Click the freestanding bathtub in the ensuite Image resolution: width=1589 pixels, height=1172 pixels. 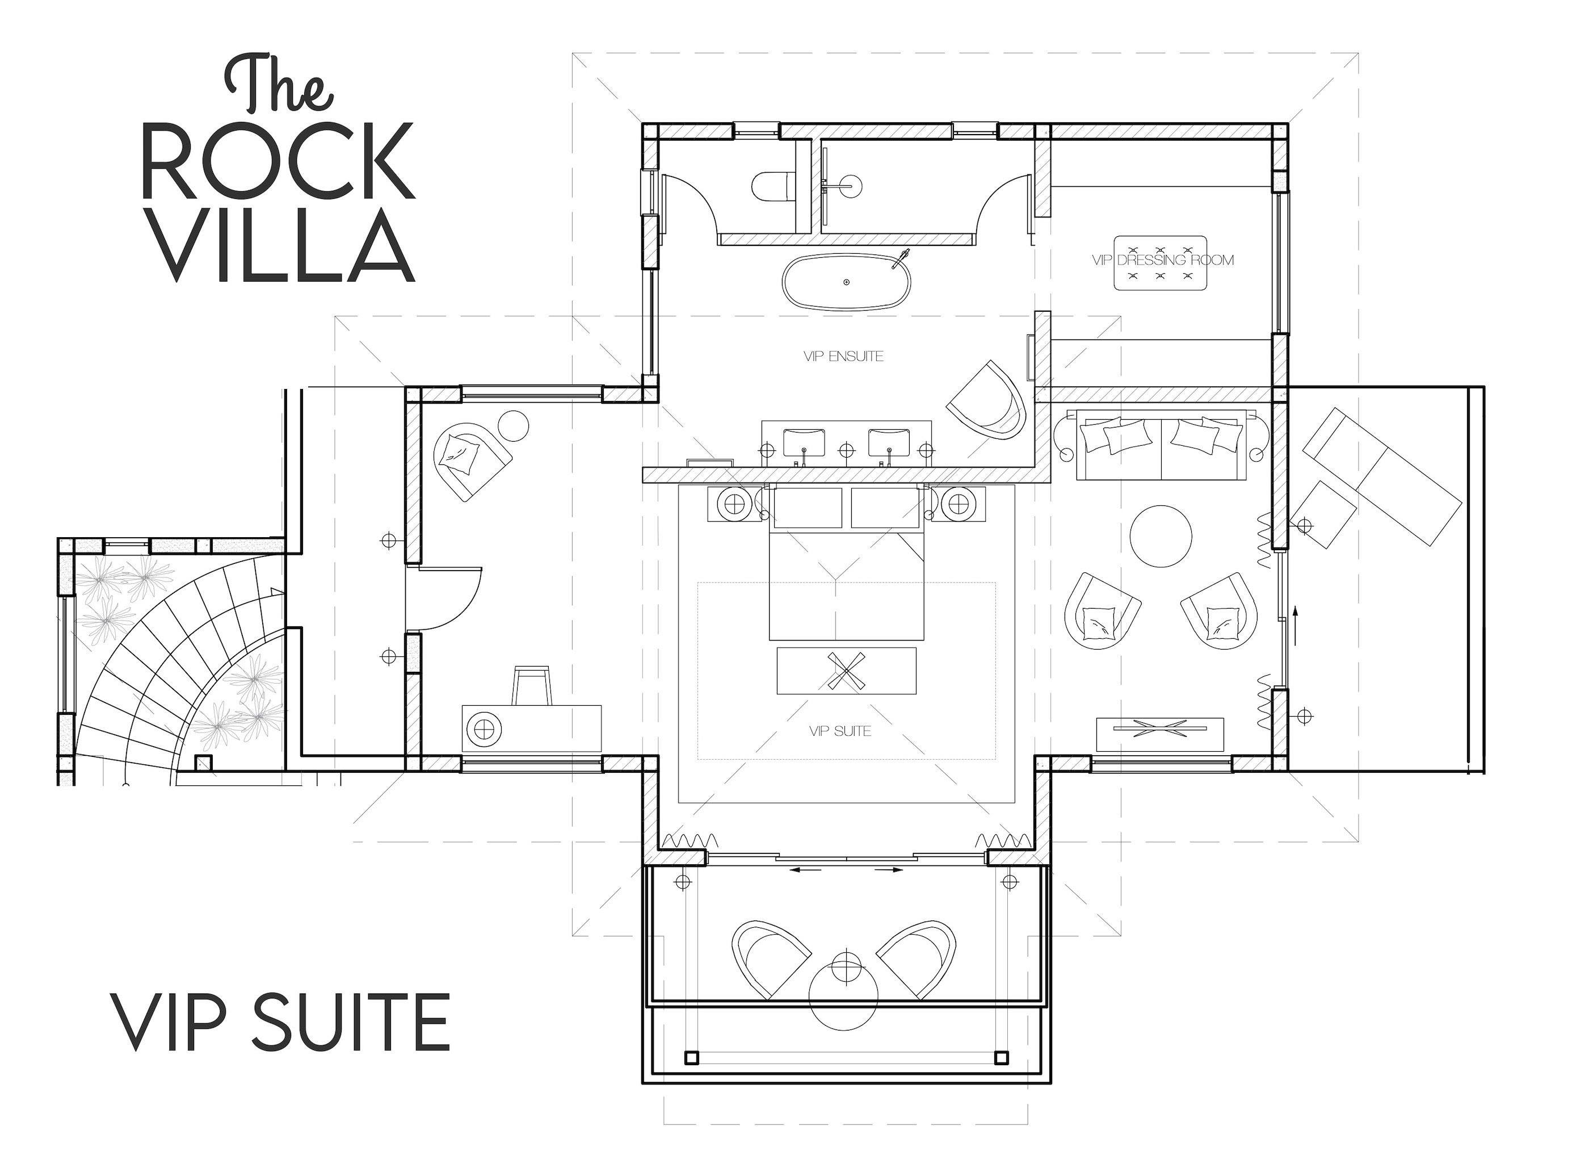846,282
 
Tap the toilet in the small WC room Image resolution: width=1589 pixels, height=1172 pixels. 771,187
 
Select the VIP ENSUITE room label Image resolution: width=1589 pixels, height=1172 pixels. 843,356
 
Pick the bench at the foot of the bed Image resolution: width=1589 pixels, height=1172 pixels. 846,671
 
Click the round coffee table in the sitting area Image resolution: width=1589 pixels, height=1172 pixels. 1160,535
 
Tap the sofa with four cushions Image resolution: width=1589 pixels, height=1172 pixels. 1160,443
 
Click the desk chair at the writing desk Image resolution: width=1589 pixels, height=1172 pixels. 532,685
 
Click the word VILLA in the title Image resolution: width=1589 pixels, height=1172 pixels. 284,245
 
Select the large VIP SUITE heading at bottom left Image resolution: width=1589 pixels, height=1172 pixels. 280,1022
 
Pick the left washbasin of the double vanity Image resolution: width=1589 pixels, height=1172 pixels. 804,443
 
